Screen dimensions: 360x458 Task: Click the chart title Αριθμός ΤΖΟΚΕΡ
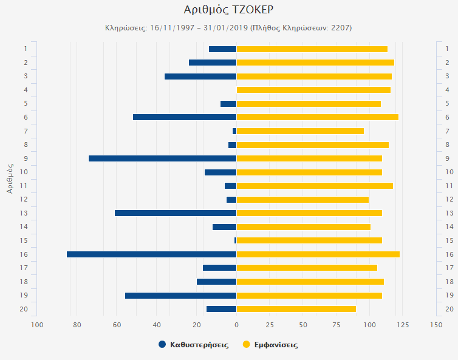pyautogui.click(x=228, y=10)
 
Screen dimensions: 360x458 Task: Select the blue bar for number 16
pyautogui.click(x=151, y=254)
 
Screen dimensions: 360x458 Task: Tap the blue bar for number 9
pyautogui.click(x=162, y=158)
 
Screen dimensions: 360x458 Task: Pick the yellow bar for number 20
pyautogui.click(x=296, y=309)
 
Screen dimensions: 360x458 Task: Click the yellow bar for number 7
pyautogui.click(x=300, y=131)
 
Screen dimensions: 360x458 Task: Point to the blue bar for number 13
pyautogui.click(x=176, y=213)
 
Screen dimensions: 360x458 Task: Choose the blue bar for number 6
pyautogui.click(x=185, y=117)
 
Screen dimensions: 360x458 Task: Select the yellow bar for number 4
pyautogui.click(x=313, y=90)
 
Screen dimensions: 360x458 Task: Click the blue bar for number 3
pyautogui.click(x=200, y=76)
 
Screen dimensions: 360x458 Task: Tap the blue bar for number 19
pyautogui.click(x=180, y=296)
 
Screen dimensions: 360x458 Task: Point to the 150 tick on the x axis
pyautogui.click(x=436, y=325)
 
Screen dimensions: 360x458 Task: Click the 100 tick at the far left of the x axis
pyautogui.click(x=37, y=325)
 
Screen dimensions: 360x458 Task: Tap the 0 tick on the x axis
pyautogui.click(x=236, y=325)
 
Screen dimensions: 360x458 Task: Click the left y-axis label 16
pyautogui.click(x=25, y=254)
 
